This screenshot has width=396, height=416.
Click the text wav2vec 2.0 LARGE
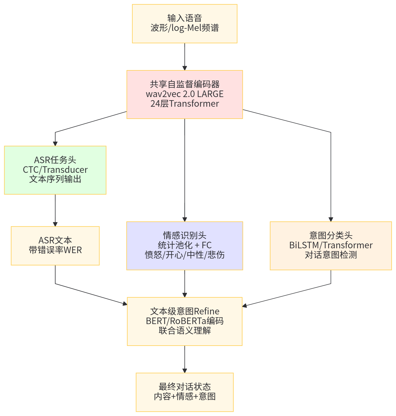185,94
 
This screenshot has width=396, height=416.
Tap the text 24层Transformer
185,104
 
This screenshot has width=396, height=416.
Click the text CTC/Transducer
55,170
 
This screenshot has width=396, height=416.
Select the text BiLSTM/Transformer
331,245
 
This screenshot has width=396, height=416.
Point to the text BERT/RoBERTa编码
185,321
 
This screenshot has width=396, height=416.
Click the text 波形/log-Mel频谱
185,28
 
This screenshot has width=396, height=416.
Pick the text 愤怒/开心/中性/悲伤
185,255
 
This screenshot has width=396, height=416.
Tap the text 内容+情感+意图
185,396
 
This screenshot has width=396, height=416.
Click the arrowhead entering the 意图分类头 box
331,219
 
